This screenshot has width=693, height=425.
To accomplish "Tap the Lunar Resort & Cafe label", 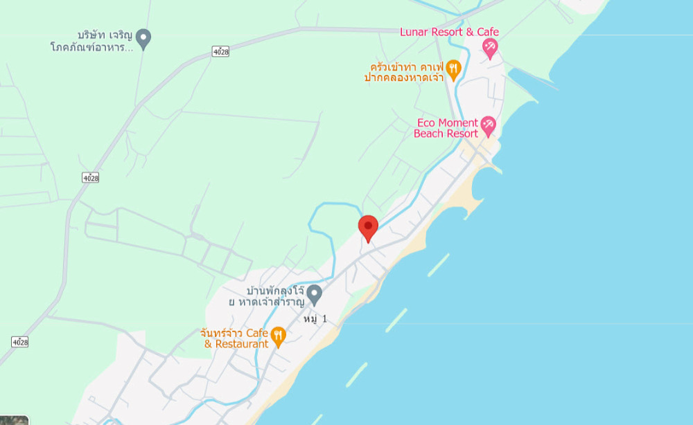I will coord(449,32).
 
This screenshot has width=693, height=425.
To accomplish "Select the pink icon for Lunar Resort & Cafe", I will coord(490,47).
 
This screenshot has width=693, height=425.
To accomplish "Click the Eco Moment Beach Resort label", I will coord(446,129).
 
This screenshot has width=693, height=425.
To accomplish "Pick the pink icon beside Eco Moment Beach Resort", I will coord(489,125).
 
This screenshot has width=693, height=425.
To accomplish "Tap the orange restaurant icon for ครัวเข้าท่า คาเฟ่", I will coord(453,68).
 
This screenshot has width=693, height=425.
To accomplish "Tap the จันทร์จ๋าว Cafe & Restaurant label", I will coord(234,338).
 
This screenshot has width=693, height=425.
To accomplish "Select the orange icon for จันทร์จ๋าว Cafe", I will coord(278,336).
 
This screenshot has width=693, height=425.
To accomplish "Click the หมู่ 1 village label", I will coord(315,319).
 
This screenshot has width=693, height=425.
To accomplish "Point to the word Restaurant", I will coord(242,344).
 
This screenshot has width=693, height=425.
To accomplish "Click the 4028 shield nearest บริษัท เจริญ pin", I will coord(221,51).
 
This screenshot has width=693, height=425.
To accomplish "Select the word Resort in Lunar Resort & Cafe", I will coord(447,32).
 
